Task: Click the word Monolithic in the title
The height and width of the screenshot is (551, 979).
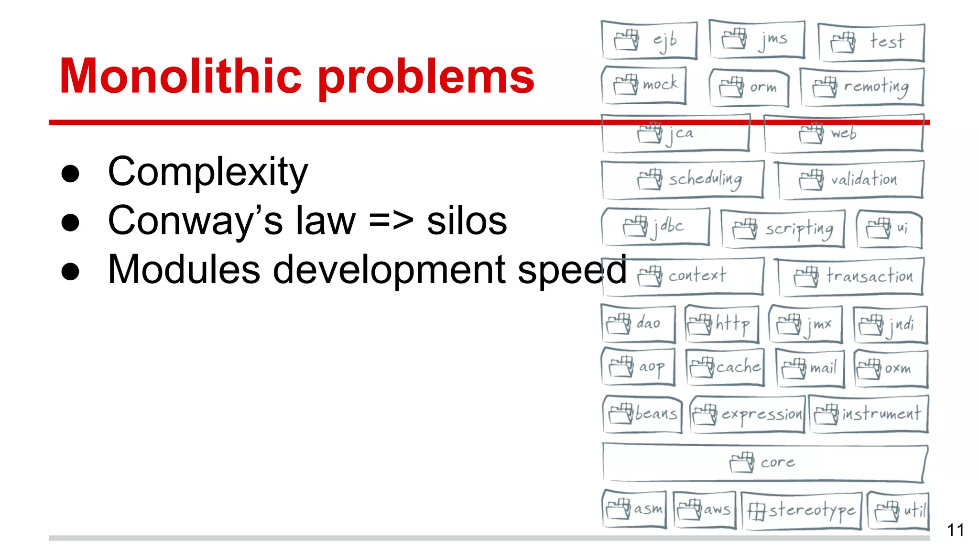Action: click(x=181, y=77)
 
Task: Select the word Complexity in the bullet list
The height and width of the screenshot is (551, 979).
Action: click(x=207, y=172)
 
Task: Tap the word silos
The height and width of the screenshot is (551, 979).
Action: click(x=467, y=221)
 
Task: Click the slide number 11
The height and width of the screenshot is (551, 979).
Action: click(x=955, y=530)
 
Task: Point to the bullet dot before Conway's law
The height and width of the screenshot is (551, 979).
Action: click(x=70, y=222)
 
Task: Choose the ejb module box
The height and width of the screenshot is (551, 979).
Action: click(x=649, y=40)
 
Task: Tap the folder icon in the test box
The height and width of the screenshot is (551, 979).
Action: click(x=843, y=42)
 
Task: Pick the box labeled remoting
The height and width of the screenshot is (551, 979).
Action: click(x=862, y=87)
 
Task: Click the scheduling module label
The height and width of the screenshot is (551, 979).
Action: click(x=705, y=179)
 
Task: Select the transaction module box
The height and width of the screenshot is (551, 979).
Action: click(x=851, y=276)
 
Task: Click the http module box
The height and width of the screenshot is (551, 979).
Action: click(x=722, y=324)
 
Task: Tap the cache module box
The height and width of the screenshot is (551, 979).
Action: click(x=725, y=367)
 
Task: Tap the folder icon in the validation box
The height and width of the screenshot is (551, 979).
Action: click(x=811, y=180)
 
